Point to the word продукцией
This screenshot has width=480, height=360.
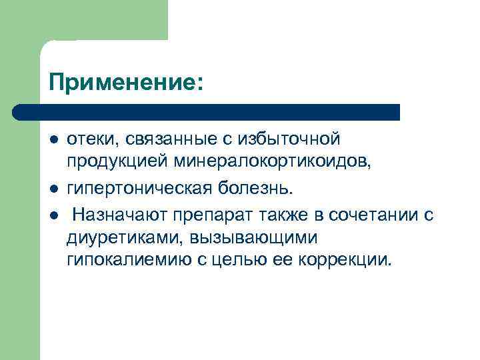coord(118,162)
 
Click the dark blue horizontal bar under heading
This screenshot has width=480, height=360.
coord(207,111)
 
